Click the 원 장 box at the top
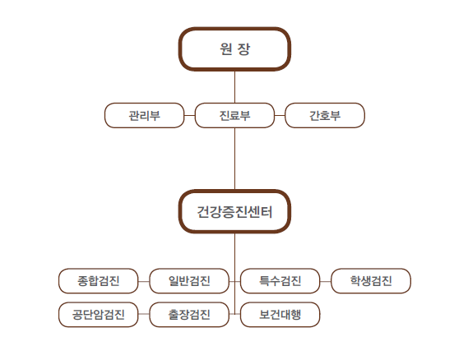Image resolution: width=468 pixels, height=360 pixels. (x=234, y=49)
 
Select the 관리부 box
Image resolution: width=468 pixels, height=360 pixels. (x=144, y=115)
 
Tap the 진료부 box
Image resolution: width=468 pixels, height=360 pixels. (x=234, y=115)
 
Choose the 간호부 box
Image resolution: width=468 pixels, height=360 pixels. (x=325, y=115)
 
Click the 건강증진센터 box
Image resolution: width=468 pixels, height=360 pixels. (x=234, y=211)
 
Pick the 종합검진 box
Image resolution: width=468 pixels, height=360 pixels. (x=99, y=280)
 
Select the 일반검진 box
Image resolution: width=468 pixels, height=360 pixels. (x=189, y=280)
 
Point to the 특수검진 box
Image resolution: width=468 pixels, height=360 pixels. (x=280, y=280)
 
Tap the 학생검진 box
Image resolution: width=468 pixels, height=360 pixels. (x=371, y=280)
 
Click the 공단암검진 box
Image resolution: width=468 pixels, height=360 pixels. (x=99, y=314)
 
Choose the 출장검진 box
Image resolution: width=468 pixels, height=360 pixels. (x=189, y=314)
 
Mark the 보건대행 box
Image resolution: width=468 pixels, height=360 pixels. (x=280, y=314)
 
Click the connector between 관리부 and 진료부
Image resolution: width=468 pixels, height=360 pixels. (x=189, y=115)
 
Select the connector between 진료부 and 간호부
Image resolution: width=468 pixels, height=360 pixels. (x=280, y=115)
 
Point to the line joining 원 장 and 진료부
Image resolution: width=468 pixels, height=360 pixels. (x=234, y=87)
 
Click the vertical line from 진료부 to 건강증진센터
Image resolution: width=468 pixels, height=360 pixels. (x=234, y=159)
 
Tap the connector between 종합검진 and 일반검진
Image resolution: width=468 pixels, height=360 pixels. (x=144, y=281)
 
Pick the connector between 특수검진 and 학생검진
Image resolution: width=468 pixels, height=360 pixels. (x=326, y=281)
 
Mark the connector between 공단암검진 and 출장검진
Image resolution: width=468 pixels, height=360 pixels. (x=144, y=314)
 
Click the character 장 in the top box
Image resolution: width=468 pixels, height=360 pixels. (x=243, y=49)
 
